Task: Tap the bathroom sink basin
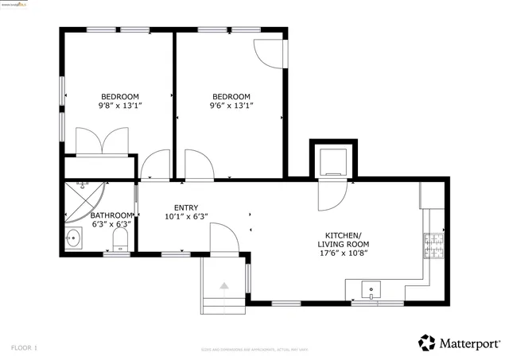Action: point(73,236)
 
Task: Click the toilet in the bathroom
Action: point(120,238)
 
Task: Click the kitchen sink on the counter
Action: point(368,288)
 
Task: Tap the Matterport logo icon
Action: point(427,343)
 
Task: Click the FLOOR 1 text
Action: point(24,348)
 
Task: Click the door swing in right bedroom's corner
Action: point(268,52)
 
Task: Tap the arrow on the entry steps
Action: point(224,285)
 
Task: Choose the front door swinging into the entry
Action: point(223,238)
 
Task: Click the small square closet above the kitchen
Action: point(332,162)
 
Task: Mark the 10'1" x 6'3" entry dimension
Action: point(186,216)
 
